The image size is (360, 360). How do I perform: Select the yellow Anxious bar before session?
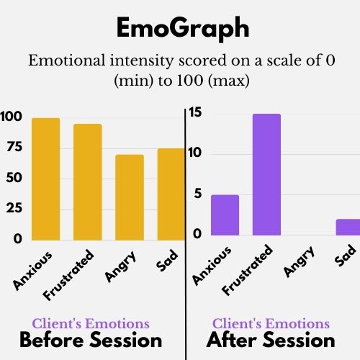45,179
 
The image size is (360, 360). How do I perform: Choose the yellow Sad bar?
171,194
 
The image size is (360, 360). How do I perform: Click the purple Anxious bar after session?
225,215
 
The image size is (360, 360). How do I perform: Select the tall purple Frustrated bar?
266,174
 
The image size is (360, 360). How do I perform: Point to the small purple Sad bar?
348,227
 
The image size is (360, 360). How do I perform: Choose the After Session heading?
271,341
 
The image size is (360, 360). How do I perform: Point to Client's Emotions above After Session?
271,323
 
